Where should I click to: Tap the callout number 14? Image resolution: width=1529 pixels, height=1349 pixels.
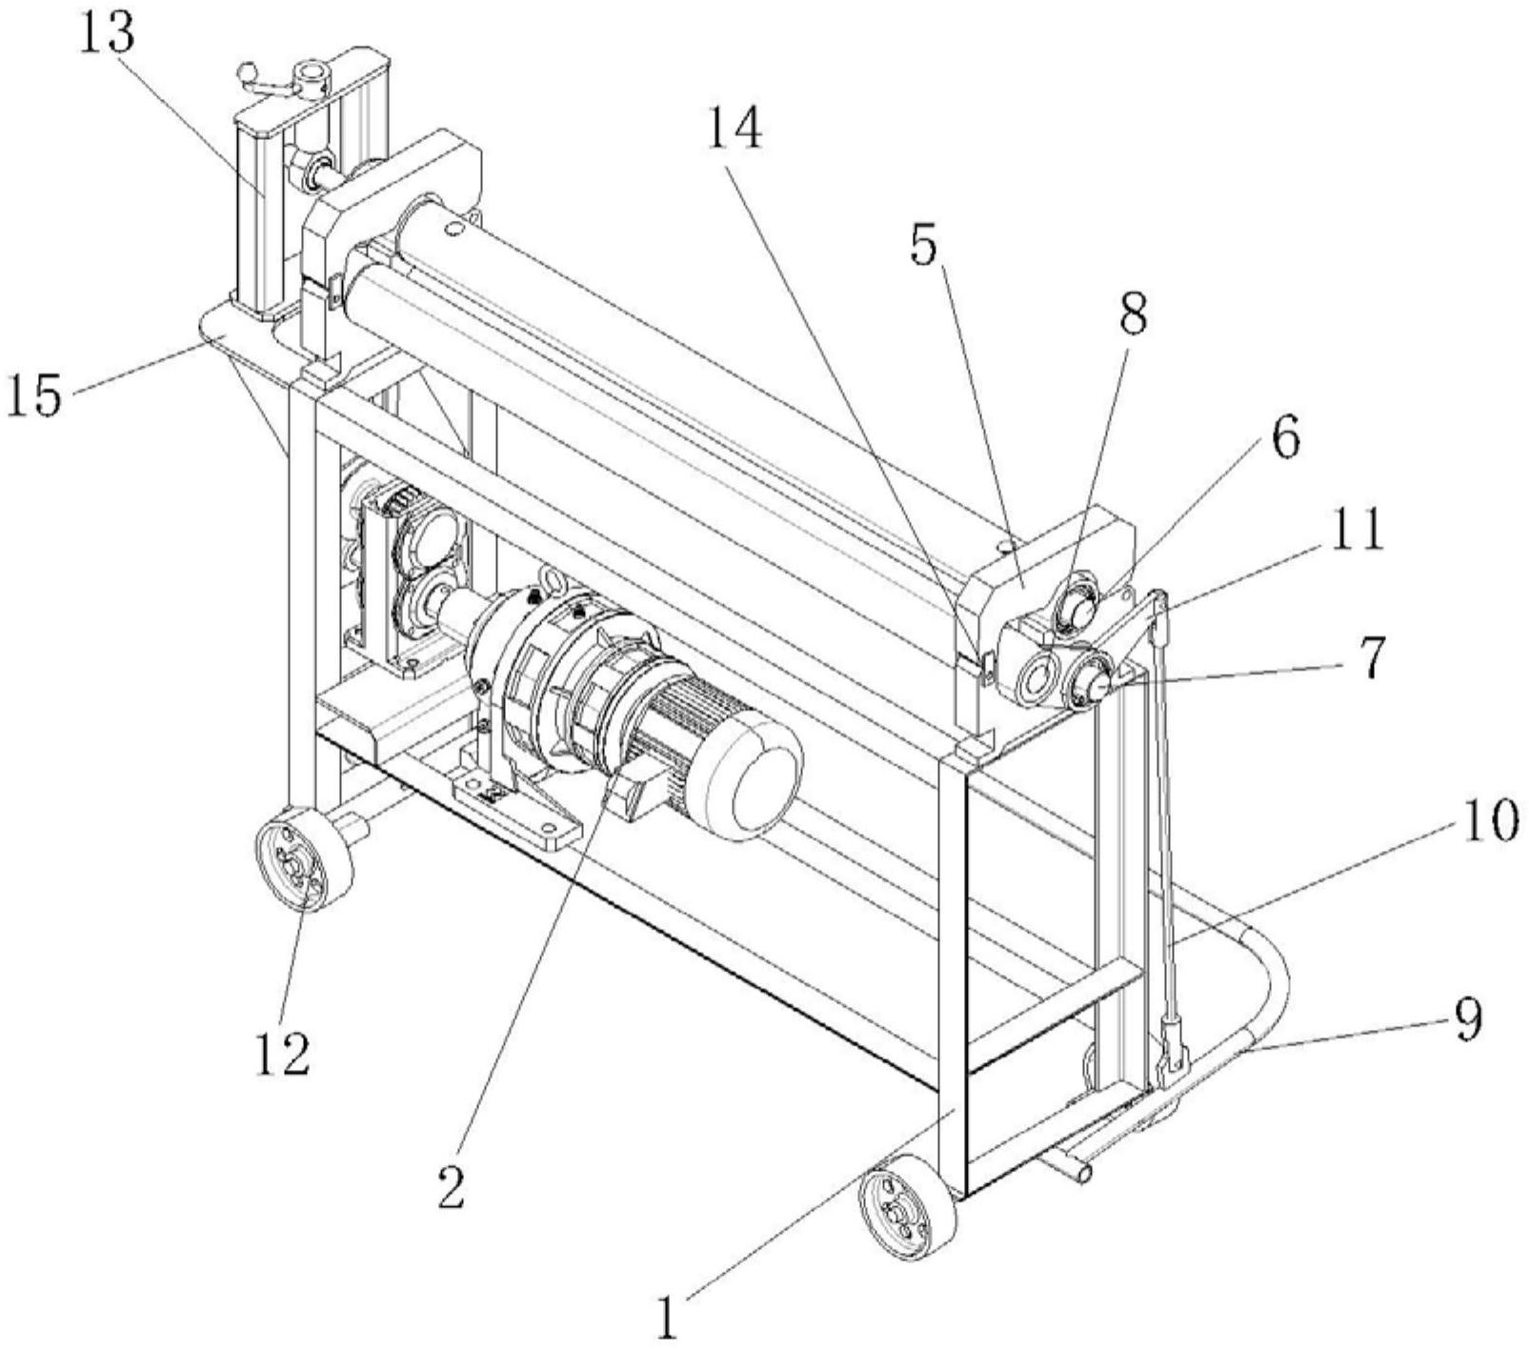pos(734,130)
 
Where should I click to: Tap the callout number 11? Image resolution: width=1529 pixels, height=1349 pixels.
pos(1358,532)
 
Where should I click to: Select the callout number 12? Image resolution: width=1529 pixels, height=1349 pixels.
pos(283,1053)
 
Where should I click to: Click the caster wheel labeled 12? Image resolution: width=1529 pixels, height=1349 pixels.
pos(304,860)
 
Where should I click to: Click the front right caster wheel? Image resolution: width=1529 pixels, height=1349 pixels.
pos(907,1207)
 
